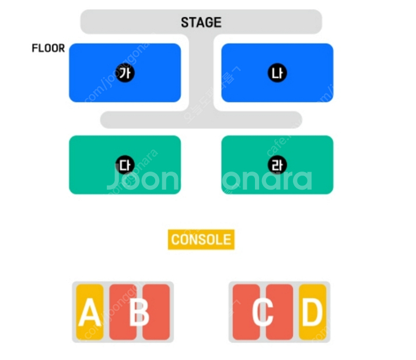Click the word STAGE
point(201,23)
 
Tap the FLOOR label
point(48,48)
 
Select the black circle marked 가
point(124,73)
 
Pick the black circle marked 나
point(277,73)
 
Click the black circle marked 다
point(124,165)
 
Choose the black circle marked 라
point(277,165)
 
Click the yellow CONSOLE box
point(201,239)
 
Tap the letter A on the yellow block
point(89,313)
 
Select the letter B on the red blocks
point(139,313)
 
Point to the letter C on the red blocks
point(263,313)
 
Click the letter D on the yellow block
point(312,313)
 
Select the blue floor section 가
point(93,88)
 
